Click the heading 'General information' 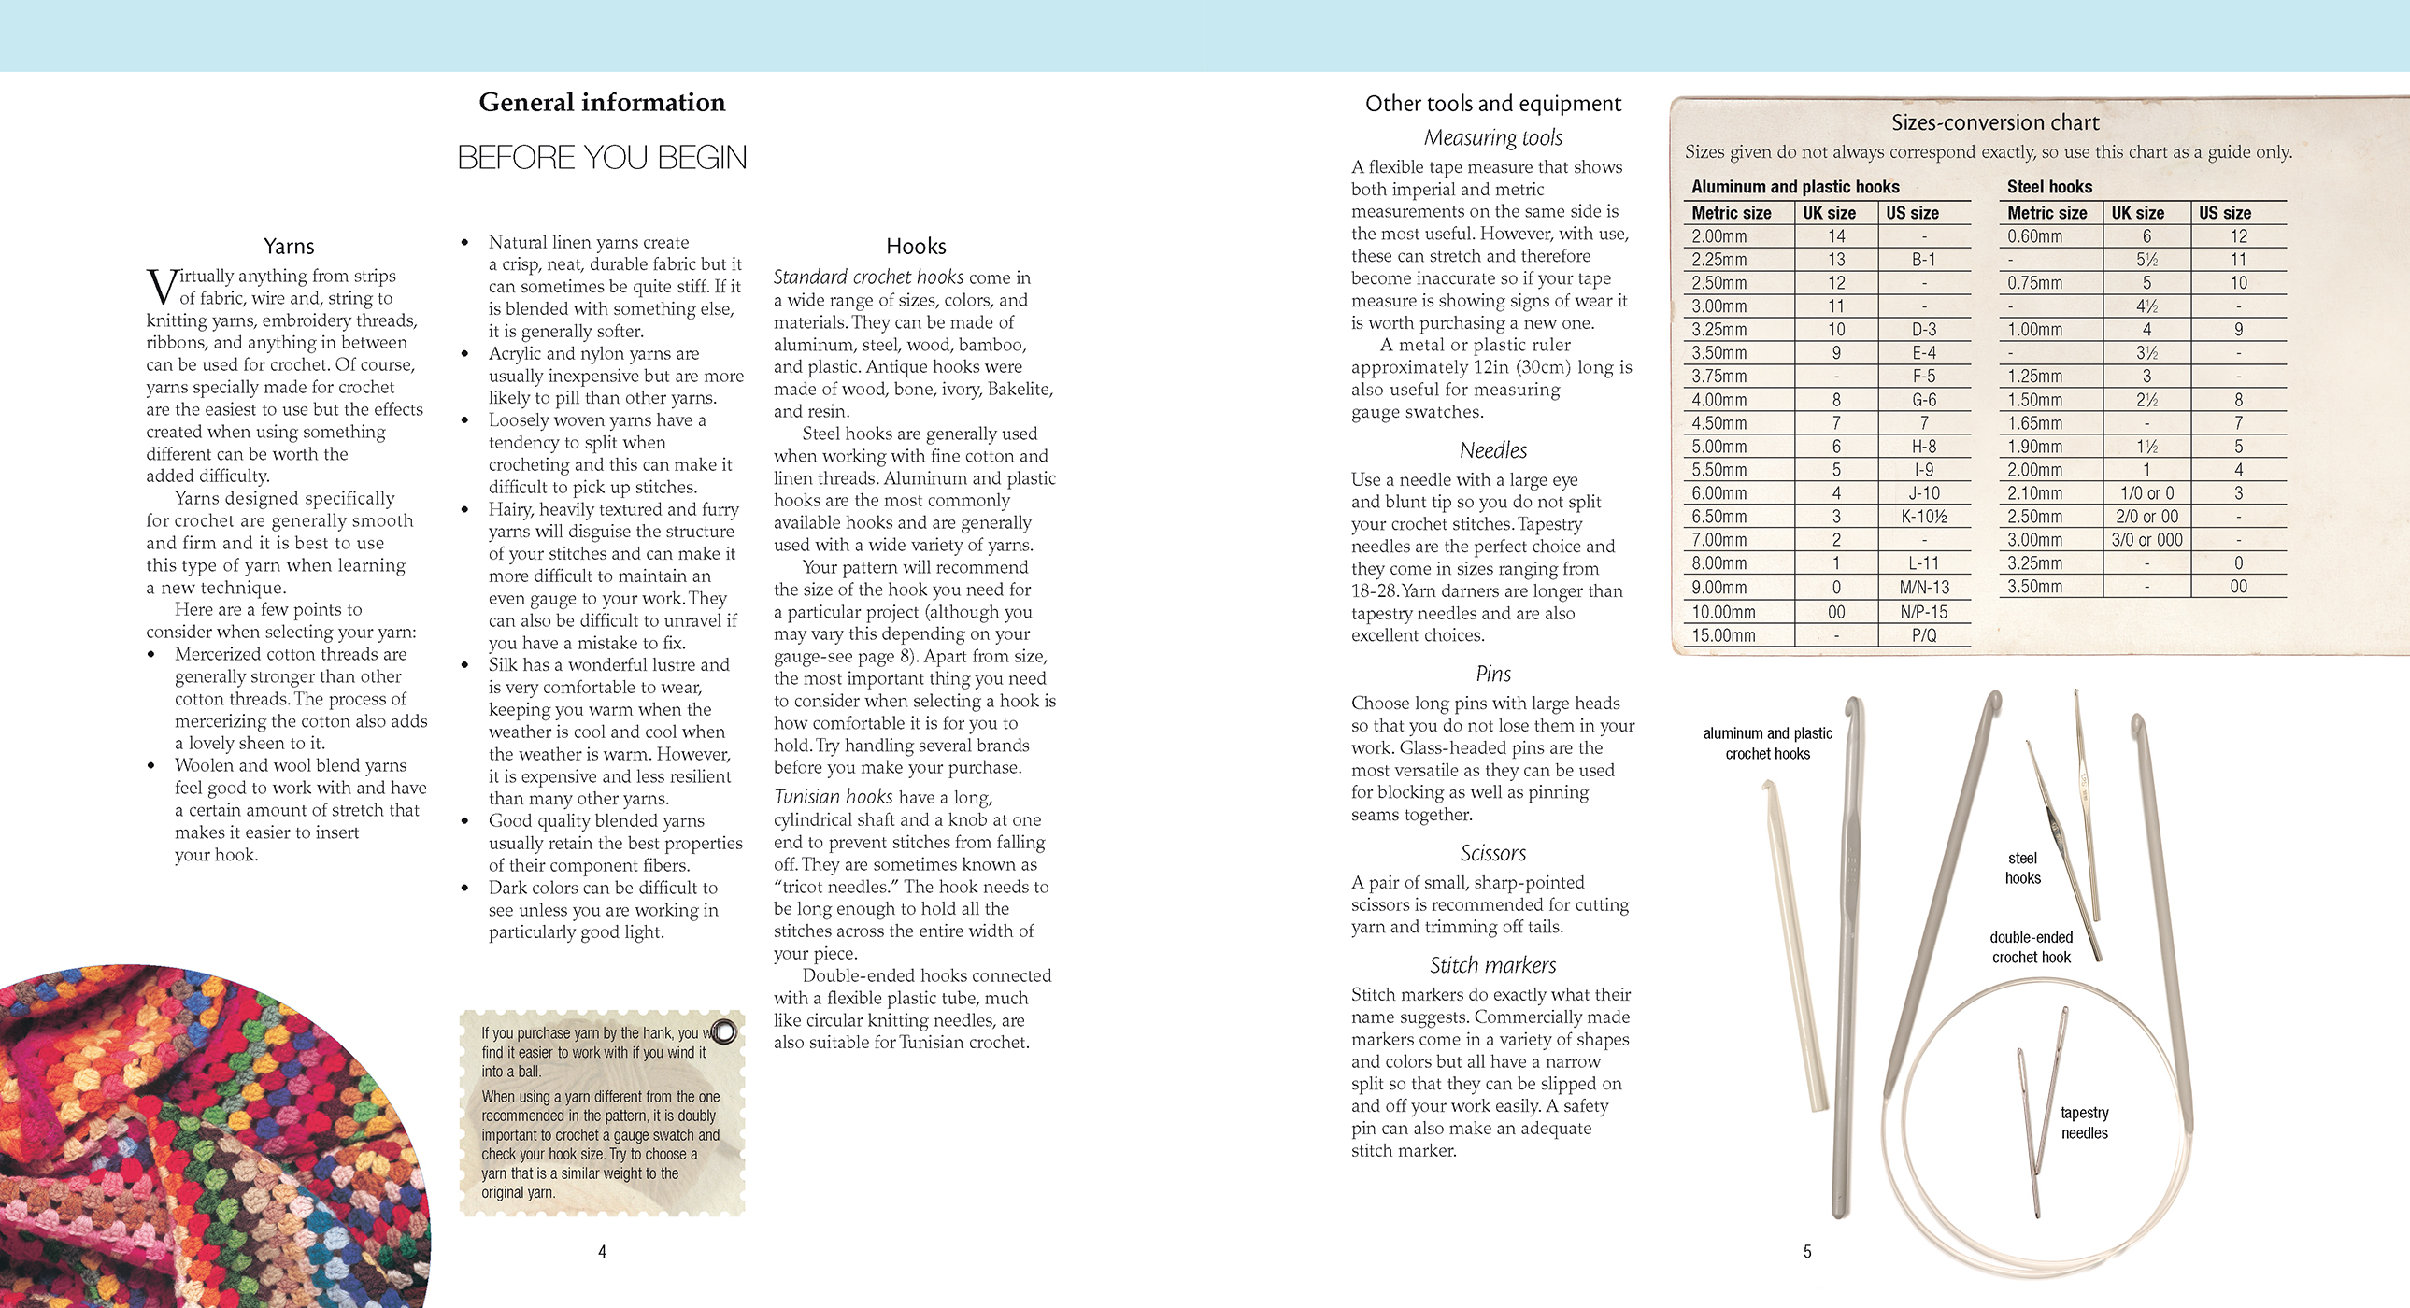(x=602, y=102)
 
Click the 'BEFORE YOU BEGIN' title (x=602, y=157)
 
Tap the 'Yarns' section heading (x=288, y=246)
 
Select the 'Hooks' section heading (x=916, y=246)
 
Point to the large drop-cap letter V (x=161, y=286)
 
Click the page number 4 (x=603, y=1251)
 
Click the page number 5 (x=1806, y=1251)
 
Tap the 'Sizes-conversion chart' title (x=1994, y=122)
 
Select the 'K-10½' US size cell (x=1923, y=517)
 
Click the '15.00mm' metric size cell (x=1723, y=635)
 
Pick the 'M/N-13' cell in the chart (x=1923, y=588)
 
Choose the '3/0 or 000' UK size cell (x=2146, y=540)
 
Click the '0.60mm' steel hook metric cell (x=2035, y=236)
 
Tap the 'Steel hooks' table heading (x=2049, y=187)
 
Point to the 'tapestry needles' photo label (x=2085, y=1123)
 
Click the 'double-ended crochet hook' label (x=2032, y=946)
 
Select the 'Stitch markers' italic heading (x=1492, y=964)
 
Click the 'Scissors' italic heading (x=1492, y=852)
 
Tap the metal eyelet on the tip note (x=724, y=1031)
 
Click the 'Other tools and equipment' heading (x=1492, y=103)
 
